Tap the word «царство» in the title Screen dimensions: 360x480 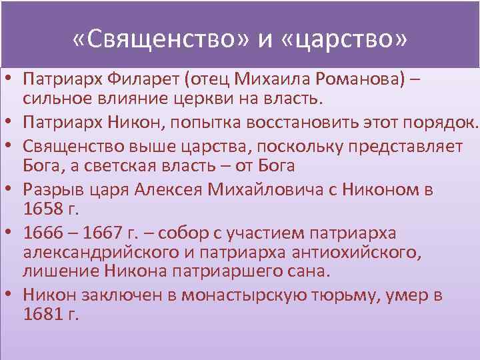(351, 41)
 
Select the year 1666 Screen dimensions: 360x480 (41, 233)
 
